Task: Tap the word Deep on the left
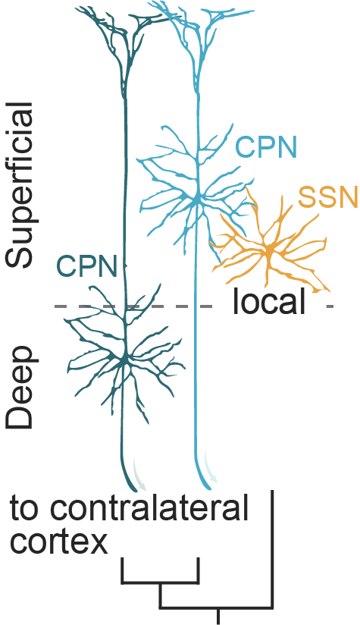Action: [20, 388]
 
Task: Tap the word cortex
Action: [58, 542]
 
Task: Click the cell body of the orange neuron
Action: [269, 251]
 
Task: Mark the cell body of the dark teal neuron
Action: [124, 356]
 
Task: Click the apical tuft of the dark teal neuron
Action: [117, 27]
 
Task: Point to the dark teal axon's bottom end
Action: [139, 485]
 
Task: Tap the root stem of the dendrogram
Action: [219, 616]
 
